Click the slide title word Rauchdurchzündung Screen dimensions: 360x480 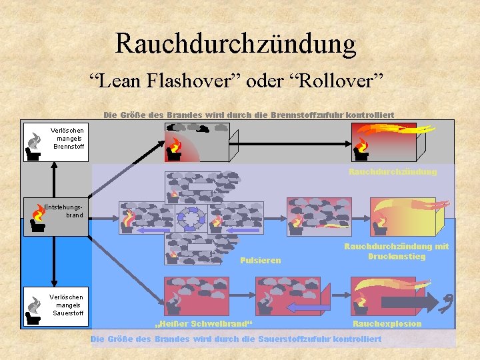coord(235,44)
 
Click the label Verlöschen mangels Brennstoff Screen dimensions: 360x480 coord(69,138)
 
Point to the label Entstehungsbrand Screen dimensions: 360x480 coord(64,211)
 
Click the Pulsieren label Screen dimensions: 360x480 coord(260,260)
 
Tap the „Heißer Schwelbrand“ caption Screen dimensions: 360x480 coord(204,324)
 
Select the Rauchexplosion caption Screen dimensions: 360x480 coord(387,324)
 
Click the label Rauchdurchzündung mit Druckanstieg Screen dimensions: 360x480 coord(396,251)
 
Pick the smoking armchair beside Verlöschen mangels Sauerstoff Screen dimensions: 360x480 coord(33,308)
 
